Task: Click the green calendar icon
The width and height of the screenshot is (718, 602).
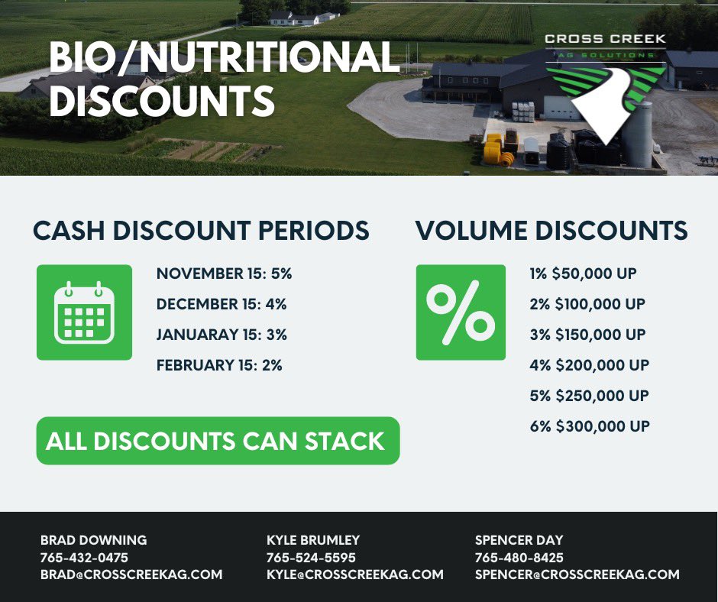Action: (x=84, y=312)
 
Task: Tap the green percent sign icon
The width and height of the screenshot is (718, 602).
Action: (x=461, y=312)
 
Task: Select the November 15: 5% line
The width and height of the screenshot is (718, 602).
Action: (x=224, y=273)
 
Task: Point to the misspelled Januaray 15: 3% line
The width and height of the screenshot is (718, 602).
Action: (x=222, y=335)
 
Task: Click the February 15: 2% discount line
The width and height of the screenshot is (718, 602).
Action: (x=219, y=365)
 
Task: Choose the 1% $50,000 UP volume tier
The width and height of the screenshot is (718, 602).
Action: (x=583, y=273)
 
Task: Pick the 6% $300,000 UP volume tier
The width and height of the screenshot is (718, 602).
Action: (x=589, y=426)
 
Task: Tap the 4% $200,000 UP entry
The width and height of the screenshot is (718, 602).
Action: (x=589, y=365)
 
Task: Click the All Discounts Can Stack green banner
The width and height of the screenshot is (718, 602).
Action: (x=218, y=441)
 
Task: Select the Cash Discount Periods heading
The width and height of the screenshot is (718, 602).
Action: (x=201, y=231)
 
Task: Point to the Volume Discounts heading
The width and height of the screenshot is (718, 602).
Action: (x=551, y=231)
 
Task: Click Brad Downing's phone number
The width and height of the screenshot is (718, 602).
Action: (x=84, y=558)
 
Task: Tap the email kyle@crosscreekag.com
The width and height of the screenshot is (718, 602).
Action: (x=354, y=574)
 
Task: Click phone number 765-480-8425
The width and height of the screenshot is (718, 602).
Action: (x=519, y=558)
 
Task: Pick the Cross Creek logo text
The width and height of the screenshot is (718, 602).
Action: (x=604, y=39)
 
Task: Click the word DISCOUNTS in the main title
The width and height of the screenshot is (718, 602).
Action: (x=161, y=101)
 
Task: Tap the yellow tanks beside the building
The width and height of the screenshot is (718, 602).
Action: (x=495, y=149)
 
